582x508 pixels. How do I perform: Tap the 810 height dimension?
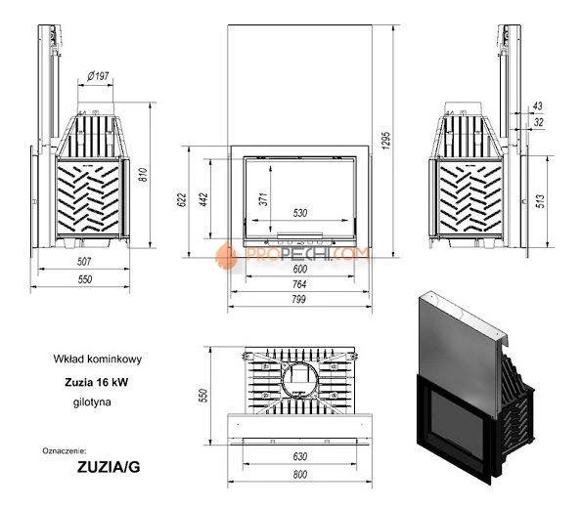(x=143, y=176)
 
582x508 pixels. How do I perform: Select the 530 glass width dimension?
(x=301, y=213)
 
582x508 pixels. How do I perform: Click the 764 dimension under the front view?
(x=299, y=283)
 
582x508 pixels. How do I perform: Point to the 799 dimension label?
(x=299, y=301)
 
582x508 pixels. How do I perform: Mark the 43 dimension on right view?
(x=538, y=106)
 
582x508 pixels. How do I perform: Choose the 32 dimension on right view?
(x=538, y=122)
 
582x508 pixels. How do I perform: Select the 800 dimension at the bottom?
(x=299, y=474)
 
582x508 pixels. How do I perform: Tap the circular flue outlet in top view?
(x=298, y=377)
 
